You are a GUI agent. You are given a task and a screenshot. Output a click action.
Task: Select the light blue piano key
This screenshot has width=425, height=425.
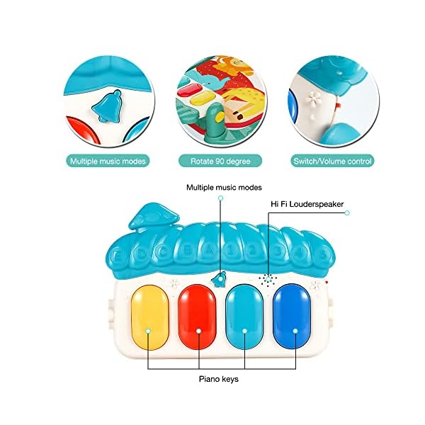(x=246, y=315)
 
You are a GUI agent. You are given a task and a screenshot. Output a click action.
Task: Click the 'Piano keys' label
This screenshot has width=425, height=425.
(x=217, y=380)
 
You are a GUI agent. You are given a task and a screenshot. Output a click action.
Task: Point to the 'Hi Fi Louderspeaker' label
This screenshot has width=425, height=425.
(x=307, y=204)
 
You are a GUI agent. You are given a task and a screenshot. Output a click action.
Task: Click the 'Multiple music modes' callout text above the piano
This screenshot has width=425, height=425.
(x=224, y=188)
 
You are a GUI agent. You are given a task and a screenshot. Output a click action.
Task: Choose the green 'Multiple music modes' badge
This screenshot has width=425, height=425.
(x=108, y=161)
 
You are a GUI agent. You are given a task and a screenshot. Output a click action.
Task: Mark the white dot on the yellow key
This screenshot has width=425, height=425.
(x=147, y=331)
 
